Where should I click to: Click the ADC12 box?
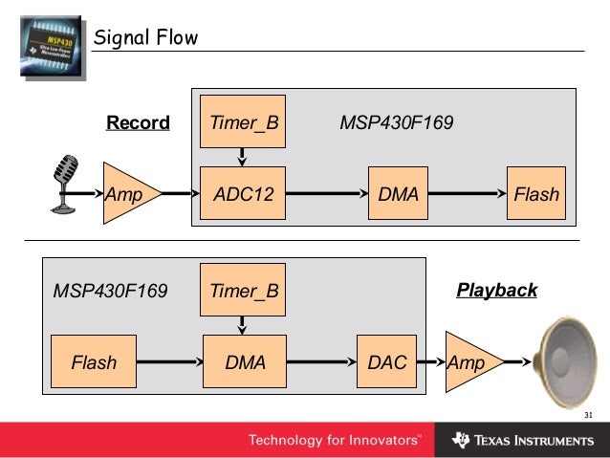coord(243,193)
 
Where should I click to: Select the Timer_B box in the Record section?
coord(243,121)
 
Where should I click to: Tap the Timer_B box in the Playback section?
coord(243,290)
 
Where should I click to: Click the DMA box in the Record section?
coord(398,193)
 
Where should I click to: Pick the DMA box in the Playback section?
coord(245,361)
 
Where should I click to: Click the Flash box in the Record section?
coord(536,193)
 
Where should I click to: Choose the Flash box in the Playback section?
coord(94,361)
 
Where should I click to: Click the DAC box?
coord(386,361)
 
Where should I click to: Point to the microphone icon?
coord(65,184)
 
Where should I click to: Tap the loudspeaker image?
coord(564,361)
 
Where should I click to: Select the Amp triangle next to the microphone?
coord(130,193)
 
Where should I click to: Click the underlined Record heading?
coord(138,122)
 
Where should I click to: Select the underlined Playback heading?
coord(497,291)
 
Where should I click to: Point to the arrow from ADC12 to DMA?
coord(327,193)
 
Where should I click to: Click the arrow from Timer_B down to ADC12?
coord(242,157)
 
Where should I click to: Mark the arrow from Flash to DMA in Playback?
coord(169,361)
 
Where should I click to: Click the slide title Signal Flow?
coord(146,37)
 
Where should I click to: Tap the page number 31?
coord(588,415)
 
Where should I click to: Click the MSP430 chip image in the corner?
coord(53,47)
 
